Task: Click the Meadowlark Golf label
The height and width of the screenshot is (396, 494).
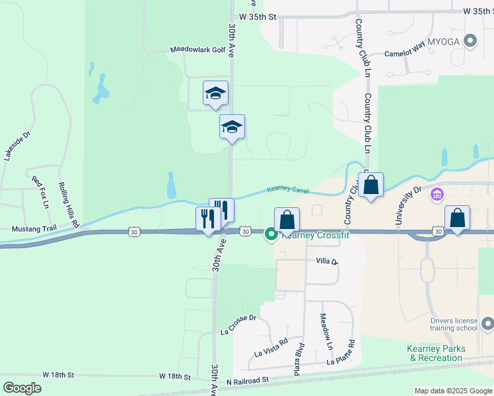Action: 197,49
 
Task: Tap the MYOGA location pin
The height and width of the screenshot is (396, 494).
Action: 470,42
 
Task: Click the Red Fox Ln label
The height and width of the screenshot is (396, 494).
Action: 40,192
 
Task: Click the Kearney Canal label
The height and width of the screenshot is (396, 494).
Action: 288,190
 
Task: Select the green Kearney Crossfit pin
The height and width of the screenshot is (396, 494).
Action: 271,234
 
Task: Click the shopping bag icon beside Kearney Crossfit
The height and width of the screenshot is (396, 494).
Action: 287,219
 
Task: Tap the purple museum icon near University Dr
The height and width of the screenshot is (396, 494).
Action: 436,195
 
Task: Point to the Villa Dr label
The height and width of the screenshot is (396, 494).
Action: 326,262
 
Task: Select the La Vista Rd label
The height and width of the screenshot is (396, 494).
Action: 271,348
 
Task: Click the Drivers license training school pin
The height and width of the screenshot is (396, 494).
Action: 487,323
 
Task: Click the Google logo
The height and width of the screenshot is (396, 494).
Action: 22,388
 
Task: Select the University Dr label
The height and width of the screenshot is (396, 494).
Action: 407,205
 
